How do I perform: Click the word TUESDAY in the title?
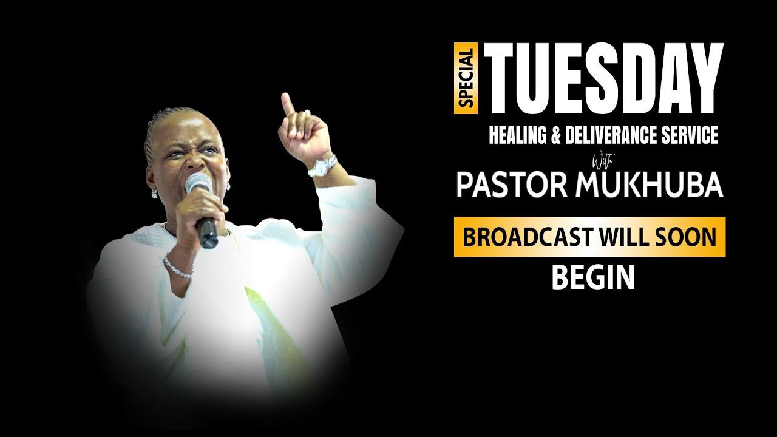[607, 78]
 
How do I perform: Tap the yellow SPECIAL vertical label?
[466, 78]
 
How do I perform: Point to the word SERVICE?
[693, 135]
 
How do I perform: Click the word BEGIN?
[592, 278]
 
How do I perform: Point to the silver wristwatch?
[322, 165]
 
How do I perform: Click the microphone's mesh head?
[198, 184]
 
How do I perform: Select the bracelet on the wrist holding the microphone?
[178, 268]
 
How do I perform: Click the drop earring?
[154, 192]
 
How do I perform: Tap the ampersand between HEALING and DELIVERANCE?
[555, 135]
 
